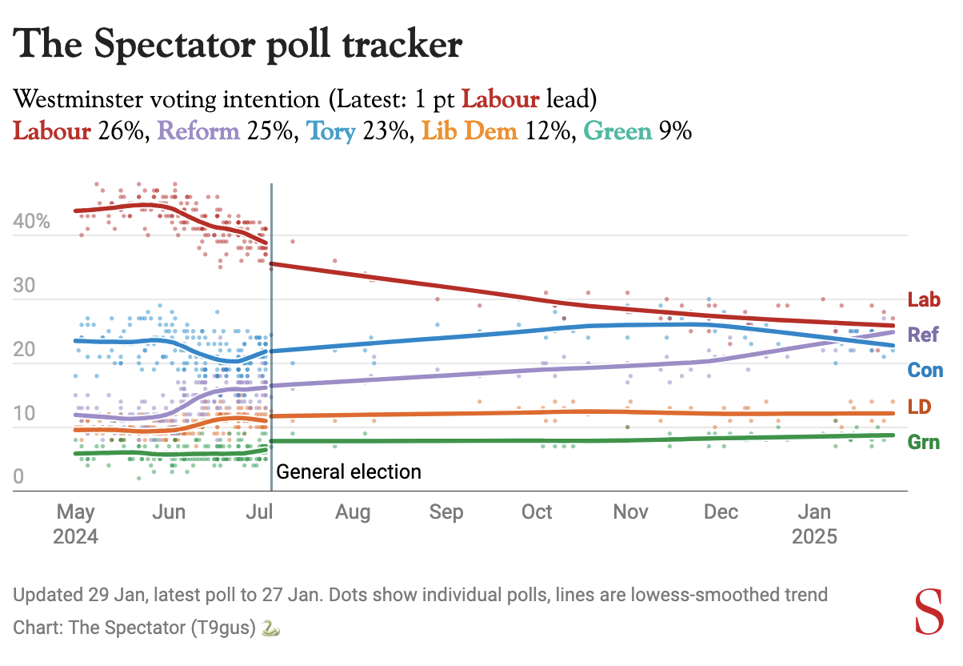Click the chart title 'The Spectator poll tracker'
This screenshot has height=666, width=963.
pyautogui.click(x=238, y=45)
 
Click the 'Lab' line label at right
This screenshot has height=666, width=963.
pyautogui.click(x=923, y=300)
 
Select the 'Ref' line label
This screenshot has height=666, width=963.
pyautogui.click(x=923, y=335)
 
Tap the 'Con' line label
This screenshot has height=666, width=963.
pyautogui.click(x=925, y=371)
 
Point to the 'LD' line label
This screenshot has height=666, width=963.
pyautogui.click(x=919, y=407)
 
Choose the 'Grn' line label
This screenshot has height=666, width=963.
pyautogui.click(x=924, y=442)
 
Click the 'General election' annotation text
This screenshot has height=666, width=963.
pyautogui.click(x=349, y=471)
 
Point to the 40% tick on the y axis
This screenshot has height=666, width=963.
pyautogui.click(x=32, y=222)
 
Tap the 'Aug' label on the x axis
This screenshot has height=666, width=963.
pyautogui.click(x=353, y=512)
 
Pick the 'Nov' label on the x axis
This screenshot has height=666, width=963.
pyautogui.click(x=631, y=512)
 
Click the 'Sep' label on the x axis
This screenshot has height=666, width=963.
pyautogui.click(x=446, y=512)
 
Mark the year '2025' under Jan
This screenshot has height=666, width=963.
pyautogui.click(x=814, y=536)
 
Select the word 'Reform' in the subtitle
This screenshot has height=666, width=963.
pyautogui.click(x=199, y=130)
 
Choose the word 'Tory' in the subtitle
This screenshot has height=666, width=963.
pyautogui.click(x=331, y=130)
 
